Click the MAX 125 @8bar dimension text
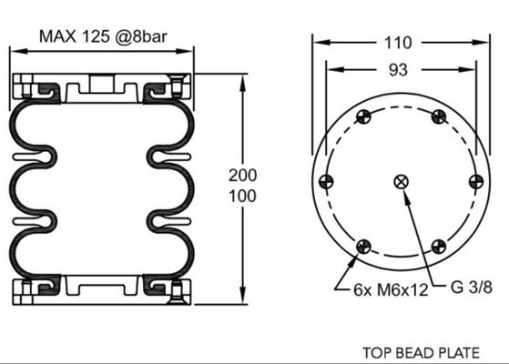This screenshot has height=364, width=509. pyautogui.click(x=102, y=37)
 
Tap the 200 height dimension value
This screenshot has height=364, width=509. pyautogui.click(x=242, y=175)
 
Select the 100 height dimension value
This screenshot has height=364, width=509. pyautogui.click(x=242, y=196)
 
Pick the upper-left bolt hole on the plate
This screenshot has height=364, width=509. pyautogui.click(x=364, y=116)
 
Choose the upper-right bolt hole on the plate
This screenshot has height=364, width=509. pyautogui.click(x=439, y=116)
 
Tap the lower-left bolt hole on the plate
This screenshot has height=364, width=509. pyautogui.click(x=364, y=245)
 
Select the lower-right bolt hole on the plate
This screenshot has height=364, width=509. pyautogui.click(x=439, y=245)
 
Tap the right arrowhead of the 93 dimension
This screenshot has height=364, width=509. pyautogui.click(x=472, y=69)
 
